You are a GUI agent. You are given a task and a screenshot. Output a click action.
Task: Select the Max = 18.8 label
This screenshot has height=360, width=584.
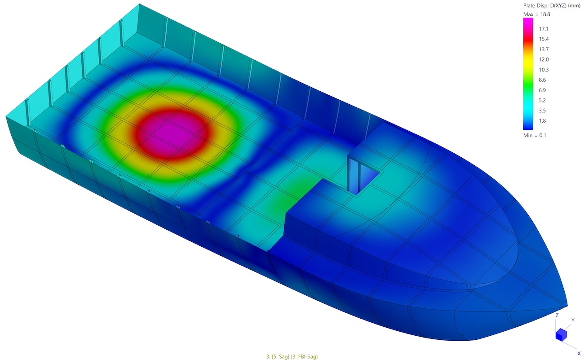(x=537, y=14)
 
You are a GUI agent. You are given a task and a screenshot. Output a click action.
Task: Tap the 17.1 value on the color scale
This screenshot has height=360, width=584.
(x=544, y=29)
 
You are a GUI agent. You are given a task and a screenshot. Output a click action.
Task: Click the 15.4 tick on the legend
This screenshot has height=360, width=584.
(x=544, y=39)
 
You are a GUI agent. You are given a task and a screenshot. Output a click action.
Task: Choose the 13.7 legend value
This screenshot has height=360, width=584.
(x=544, y=49)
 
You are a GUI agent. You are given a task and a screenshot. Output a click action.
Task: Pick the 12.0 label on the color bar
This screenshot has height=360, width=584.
(x=544, y=59)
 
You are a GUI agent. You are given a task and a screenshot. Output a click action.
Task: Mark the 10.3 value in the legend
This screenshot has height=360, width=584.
(x=544, y=70)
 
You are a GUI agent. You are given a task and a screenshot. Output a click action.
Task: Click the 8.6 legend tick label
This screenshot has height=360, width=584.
(x=542, y=80)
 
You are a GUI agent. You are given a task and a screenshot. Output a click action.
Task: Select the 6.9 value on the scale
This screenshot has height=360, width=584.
(x=542, y=90)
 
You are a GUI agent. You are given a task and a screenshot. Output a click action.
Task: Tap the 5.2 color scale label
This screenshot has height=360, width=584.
(x=542, y=100)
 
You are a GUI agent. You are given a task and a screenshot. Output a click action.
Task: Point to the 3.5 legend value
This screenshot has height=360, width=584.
(x=542, y=111)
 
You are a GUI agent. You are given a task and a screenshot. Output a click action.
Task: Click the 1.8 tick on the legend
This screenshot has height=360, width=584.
(x=542, y=121)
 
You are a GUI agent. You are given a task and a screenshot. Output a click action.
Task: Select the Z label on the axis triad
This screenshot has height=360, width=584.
(x=557, y=316)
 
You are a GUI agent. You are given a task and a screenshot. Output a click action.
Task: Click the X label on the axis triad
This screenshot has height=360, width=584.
(x=579, y=353)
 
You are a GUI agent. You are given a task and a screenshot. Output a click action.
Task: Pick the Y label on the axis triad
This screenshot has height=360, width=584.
(x=573, y=320)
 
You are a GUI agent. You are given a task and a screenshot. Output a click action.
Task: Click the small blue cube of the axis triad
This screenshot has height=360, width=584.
(x=561, y=334)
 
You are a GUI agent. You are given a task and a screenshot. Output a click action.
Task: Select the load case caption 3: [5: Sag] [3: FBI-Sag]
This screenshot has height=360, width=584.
(x=292, y=356)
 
